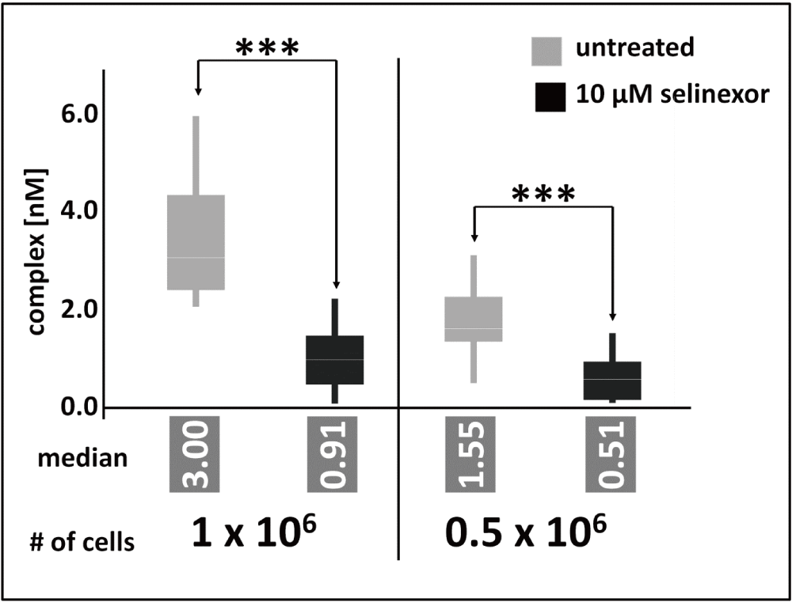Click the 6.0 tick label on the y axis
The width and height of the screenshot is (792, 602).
78,115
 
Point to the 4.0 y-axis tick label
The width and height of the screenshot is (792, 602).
78,211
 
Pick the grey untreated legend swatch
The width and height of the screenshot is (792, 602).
547,49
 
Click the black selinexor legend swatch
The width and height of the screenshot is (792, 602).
547,96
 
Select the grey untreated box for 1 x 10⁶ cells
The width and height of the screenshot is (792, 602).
196,242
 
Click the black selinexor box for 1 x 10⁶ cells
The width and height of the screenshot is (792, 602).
336,360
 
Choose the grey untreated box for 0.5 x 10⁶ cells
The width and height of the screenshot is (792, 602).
474,319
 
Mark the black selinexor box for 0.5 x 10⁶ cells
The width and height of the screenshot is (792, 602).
612,381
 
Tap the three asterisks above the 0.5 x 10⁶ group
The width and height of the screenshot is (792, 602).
543,194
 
